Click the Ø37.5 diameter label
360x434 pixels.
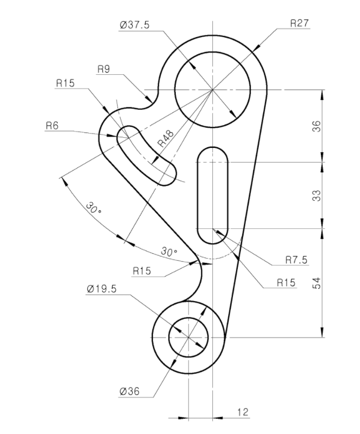pyautogui.click(x=134, y=25)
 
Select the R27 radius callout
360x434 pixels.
pyautogui.click(x=300, y=23)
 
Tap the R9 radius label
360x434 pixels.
pyautogui.click(x=104, y=69)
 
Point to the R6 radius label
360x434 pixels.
pyautogui.click(x=52, y=126)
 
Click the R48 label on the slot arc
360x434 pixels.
pyautogui.click(x=166, y=138)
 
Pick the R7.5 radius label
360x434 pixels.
pyautogui.click(x=296, y=260)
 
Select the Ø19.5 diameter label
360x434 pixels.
pyautogui.click(x=102, y=289)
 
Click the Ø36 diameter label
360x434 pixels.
pyautogui.click(x=129, y=392)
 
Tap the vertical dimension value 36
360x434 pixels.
pyautogui.click(x=317, y=126)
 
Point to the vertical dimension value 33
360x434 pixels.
pyautogui.click(x=317, y=196)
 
